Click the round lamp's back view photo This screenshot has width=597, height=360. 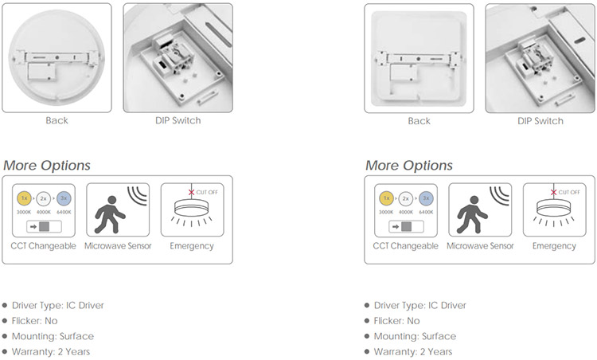[x=57, y=58]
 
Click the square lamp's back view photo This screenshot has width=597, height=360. [x=419, y=58]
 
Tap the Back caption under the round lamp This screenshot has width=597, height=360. [x=57, y=120]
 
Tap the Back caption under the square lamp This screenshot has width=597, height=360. [x=419, y=121]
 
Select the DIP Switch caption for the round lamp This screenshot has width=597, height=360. [x=178, y=120]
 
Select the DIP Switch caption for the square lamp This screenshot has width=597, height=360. [x=540, y=121]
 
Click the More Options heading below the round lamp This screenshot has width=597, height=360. [x=47, y=166]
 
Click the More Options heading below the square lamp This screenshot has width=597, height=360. [x=409, y=166]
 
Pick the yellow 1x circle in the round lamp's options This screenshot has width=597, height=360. [x=24, y=198]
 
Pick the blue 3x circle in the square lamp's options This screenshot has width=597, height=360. [x=426, y=198]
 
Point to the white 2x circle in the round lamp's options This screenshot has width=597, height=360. [x=44, y=198]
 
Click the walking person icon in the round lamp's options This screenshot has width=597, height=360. [x=110, y=214]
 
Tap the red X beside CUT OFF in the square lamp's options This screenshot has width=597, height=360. [x=553, y=192]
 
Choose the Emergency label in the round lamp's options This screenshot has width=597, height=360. [x=192, y=246]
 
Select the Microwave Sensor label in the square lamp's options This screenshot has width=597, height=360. [x=480, y=246]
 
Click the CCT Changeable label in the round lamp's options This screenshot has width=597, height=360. [x=44, y=246]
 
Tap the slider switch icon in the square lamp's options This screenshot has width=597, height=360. [x=406, y=227]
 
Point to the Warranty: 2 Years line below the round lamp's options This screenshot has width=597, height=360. [x=51, y=351]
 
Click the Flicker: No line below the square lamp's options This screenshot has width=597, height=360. [x=396, y=321]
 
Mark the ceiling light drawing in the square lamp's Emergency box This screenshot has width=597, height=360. [x=554, y=211]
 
